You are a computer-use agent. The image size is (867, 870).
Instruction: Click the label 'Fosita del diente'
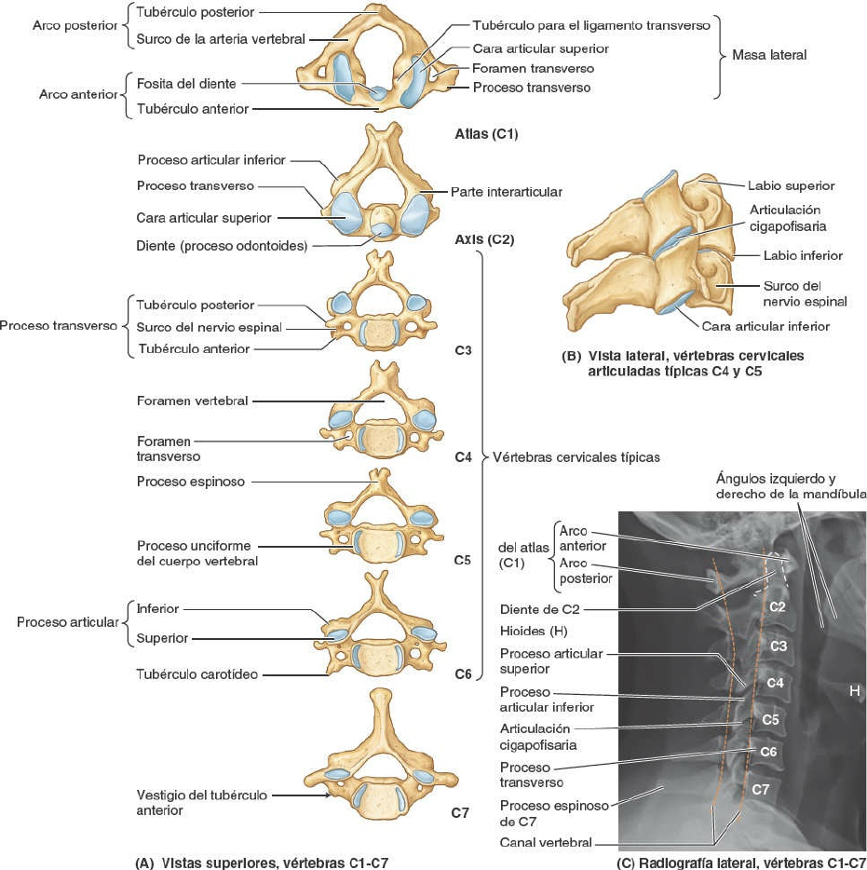(x=185, y=84)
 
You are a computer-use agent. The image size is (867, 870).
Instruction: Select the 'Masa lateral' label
(x=769, y=55)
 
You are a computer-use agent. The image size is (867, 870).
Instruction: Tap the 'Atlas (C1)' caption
(x=481, y=134)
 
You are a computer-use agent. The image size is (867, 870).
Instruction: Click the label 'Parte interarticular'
(x=506, y=191)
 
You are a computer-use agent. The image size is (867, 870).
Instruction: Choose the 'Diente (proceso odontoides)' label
(x=222, y=246)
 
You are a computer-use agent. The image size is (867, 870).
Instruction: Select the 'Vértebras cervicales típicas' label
(x=576, y=457)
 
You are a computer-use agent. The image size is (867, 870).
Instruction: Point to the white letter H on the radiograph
(x=853, y=690)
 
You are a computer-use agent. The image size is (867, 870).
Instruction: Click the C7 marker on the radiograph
(x=760, y=789)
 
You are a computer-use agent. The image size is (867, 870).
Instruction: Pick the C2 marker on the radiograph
(x=778, y=606)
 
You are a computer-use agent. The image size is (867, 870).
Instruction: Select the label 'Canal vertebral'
(x=546, y=842)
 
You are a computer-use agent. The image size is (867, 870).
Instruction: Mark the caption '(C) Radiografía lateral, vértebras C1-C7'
(x=741, y=862)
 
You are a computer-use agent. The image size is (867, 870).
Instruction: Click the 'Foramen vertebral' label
(x=193, y=401)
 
